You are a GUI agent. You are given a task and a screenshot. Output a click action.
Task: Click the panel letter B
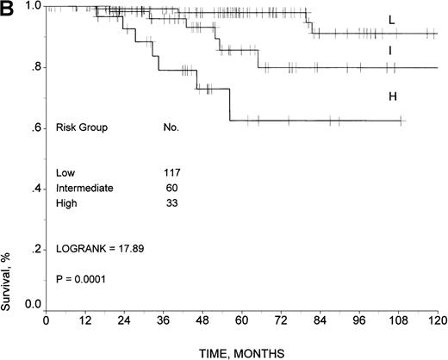[7, 9]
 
